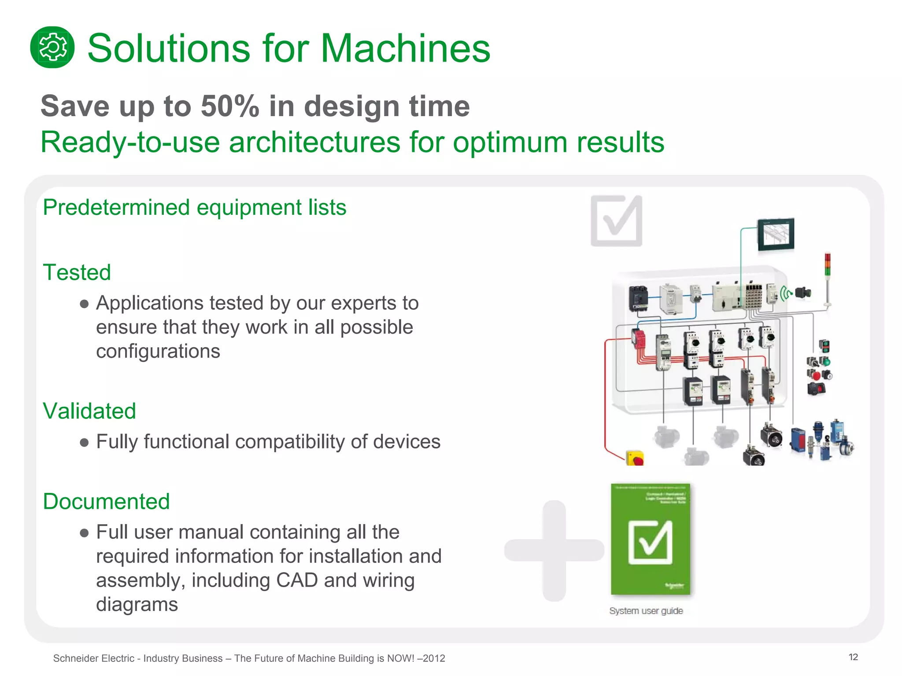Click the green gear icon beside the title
52,48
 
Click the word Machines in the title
405,48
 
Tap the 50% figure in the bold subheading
230,107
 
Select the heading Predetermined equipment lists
194,207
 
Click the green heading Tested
77,272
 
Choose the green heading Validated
89,411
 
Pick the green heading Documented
106,501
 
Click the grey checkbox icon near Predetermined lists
616,221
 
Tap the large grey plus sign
554,550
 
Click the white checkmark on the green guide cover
651,542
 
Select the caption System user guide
646,611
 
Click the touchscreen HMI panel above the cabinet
776,234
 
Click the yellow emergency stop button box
635,458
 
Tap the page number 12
853,657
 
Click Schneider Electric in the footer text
93,658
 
